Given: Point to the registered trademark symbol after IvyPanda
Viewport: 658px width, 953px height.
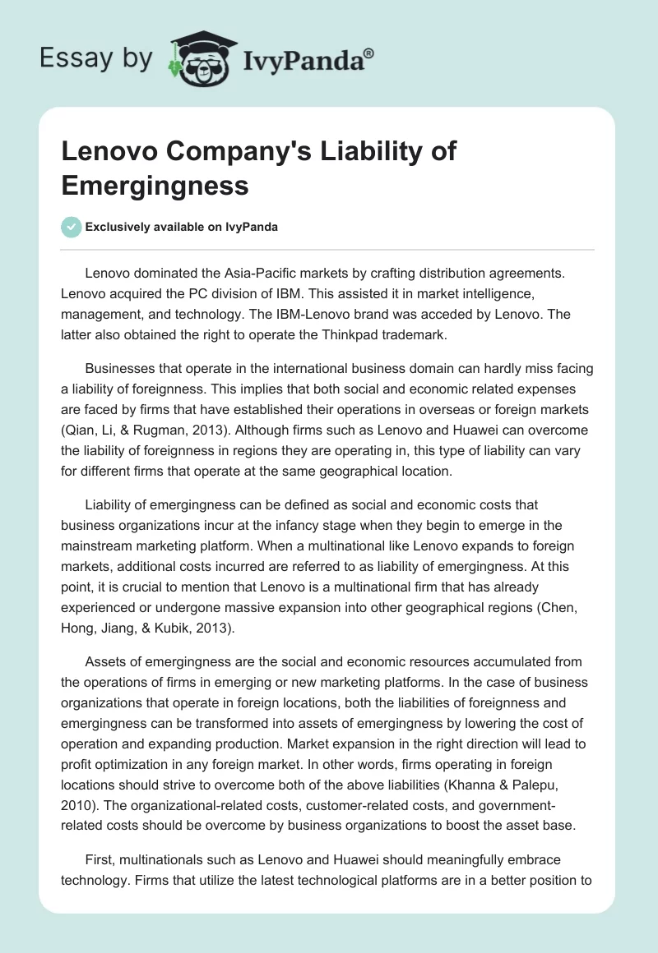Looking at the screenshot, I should (369, 52).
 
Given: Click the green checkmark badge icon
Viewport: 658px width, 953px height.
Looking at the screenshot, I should (71, 227).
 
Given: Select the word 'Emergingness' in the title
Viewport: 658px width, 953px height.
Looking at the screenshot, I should (155, 185).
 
